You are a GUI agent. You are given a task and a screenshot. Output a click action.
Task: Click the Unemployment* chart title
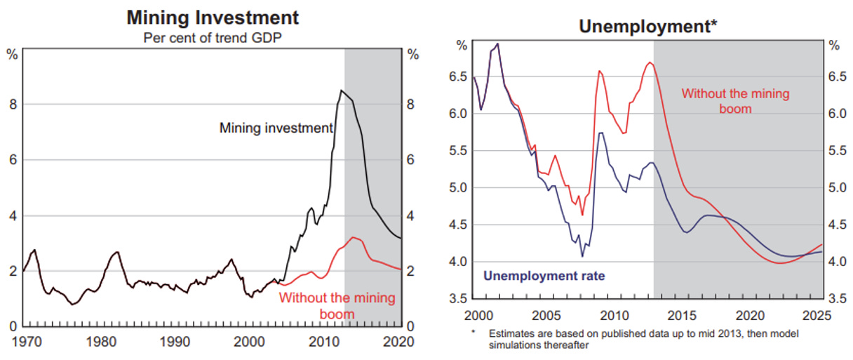(x=647, y=27)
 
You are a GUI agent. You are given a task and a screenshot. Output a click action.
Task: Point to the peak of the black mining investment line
(x=341, y=91)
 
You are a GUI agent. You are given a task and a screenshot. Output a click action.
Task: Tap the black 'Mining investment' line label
(x=276, y=128)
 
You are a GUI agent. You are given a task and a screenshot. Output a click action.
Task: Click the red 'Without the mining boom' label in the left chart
(x=337, y=305)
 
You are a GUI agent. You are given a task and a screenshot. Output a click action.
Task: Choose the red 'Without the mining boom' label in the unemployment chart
(x=735, y=100)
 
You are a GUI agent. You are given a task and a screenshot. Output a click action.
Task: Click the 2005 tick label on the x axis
(x=544, y=314)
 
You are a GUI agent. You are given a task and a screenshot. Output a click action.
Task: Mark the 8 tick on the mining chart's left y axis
(x=12, y=105)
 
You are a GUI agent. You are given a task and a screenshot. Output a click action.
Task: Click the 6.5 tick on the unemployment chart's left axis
(x=463, y=76)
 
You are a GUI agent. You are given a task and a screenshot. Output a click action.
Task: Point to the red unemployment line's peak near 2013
(x=650, y=63)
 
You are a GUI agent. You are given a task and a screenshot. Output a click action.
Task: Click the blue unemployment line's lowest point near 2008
(x=582, y=256)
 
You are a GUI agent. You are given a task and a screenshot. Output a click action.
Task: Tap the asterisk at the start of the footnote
(x=473, y=333)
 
